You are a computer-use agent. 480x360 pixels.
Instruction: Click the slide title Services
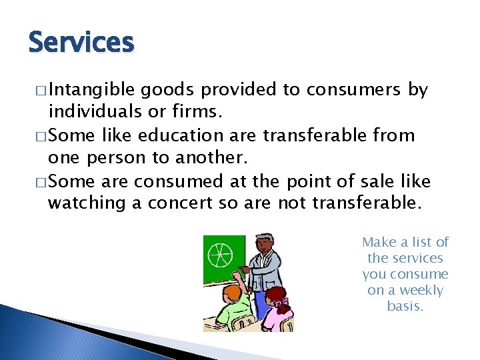[81, 43]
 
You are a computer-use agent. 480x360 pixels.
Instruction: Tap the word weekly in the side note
[421, 291]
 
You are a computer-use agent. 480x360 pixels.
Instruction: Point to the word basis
[405, 307]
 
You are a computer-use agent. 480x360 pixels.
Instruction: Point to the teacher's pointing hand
[245, 269]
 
